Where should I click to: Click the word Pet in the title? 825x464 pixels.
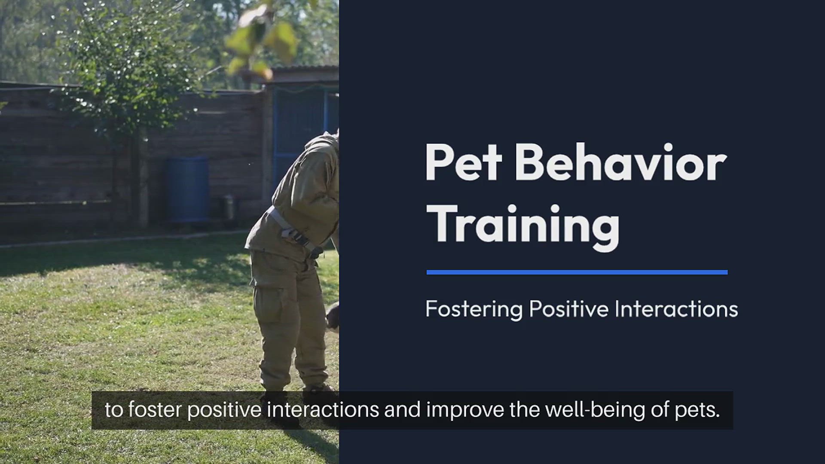click(464, 162)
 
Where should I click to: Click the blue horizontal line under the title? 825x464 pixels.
click(577, 272)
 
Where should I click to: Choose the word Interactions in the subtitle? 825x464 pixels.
click(676, 308)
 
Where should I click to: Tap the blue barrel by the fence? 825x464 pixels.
click(188, 189)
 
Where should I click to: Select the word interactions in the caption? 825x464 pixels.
click(323, 410)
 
